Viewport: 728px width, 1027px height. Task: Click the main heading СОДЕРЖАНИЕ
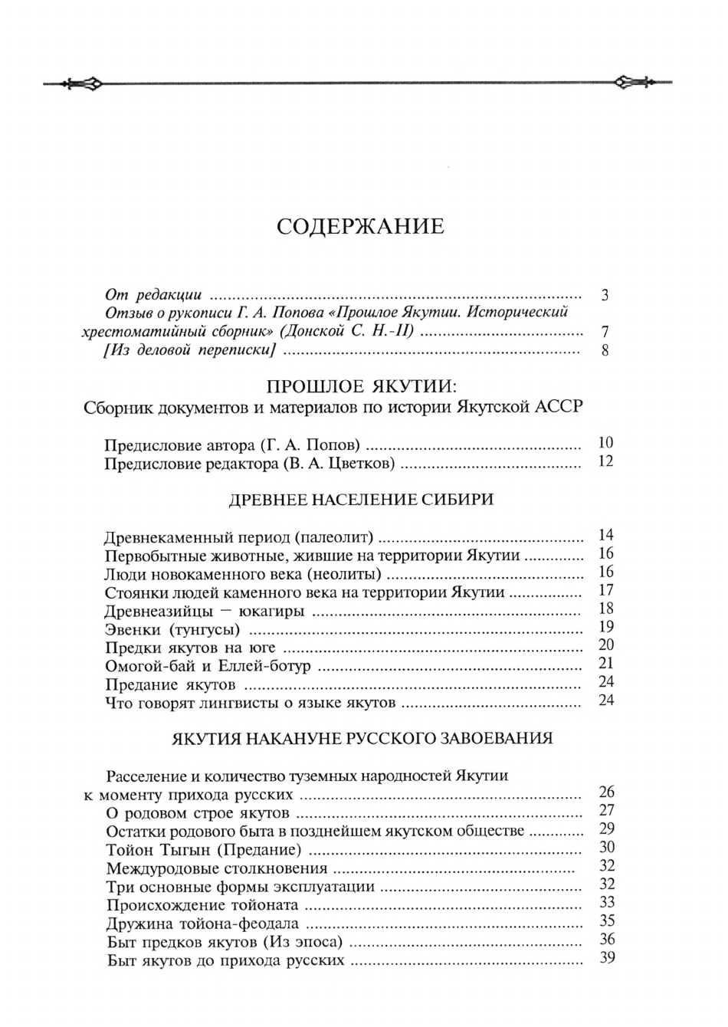359,227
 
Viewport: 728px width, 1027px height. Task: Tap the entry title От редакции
152,294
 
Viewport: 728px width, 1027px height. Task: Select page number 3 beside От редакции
605,295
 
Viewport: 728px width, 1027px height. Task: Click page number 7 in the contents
605,333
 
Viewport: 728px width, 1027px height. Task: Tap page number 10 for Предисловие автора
605,443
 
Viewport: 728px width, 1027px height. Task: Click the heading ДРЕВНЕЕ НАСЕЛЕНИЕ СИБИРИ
362,500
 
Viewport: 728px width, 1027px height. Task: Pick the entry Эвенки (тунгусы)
172,629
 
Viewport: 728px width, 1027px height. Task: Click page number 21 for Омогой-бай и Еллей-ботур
605,664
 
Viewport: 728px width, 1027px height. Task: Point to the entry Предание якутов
169,684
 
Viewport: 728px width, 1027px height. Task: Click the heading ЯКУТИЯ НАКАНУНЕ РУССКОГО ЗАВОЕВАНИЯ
361,740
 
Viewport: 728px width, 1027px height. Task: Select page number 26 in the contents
605,792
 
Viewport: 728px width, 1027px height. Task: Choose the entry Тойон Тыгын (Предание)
203,849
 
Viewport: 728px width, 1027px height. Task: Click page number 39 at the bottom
606,959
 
